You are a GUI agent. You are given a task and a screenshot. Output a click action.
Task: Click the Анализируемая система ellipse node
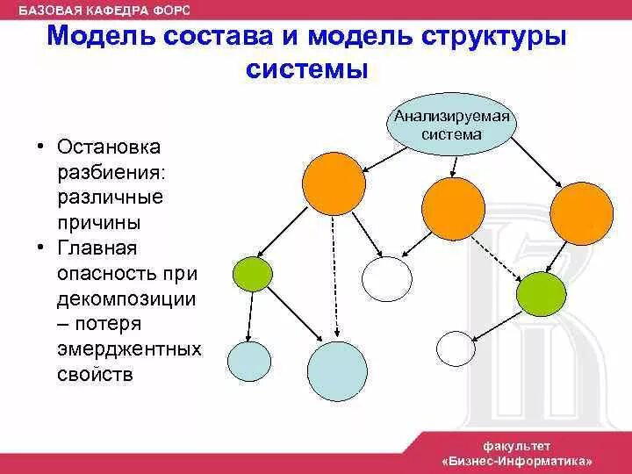click(451, 126)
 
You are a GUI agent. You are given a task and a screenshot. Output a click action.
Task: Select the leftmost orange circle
click(333, 183)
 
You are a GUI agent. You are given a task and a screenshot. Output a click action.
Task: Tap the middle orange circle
click(453, 208)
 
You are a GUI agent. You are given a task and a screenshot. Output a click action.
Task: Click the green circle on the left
click(253, 274)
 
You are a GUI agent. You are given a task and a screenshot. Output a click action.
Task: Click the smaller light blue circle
click(249, 360)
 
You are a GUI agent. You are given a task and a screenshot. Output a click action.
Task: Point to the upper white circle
click(387, 280)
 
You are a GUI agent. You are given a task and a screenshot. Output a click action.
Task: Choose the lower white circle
click(456, 347)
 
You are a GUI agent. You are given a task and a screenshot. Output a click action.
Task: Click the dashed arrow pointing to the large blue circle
click(334, 276)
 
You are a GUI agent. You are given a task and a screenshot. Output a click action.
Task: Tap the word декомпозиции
click(127, 298)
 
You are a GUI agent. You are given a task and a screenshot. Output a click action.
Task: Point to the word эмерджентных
click(130, 349)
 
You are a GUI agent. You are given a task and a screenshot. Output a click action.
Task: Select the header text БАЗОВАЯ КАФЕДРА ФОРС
click(104, 10)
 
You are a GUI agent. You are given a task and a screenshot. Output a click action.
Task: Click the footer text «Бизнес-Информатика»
click(517, 460)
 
